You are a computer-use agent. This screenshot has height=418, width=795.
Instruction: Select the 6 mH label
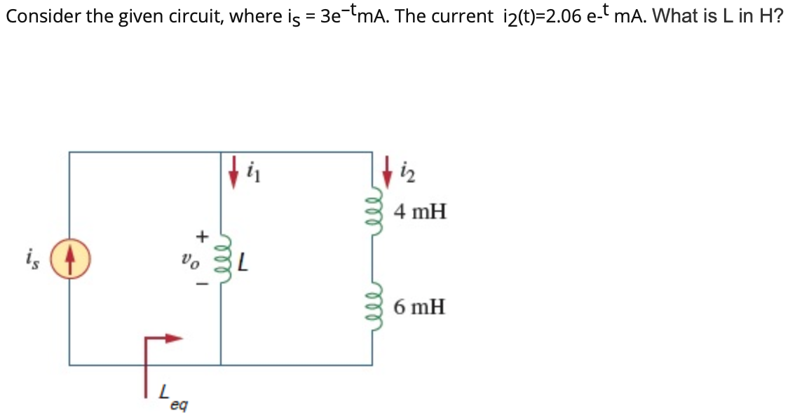(420, 306)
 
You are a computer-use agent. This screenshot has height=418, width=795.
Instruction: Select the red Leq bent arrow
(158, 354)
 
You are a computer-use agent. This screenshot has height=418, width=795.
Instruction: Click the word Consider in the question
(41, 16)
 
